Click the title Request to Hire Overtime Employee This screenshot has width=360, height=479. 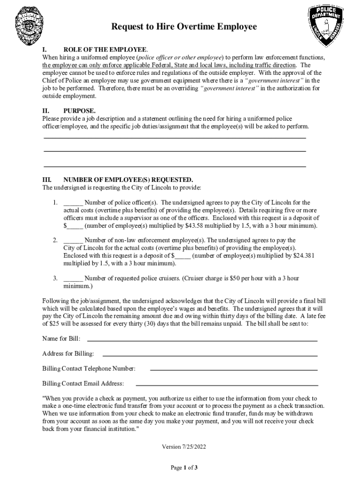184,27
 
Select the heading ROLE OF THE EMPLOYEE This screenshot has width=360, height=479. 105,50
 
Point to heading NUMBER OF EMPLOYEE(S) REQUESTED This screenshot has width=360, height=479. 128,180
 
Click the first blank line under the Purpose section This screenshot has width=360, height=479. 174,138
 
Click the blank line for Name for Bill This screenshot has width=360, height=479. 202,340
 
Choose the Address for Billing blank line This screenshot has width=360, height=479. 209,355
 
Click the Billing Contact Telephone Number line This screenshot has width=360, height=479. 234,370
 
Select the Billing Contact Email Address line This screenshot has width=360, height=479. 227,385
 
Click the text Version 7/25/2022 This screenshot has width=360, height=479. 184,447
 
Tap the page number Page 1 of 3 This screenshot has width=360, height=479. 184,467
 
